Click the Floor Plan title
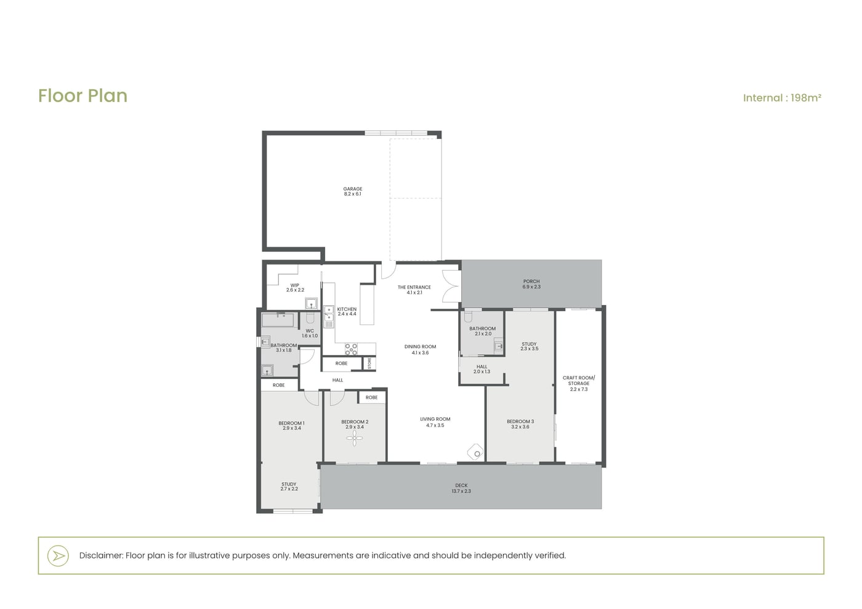pos(83,96)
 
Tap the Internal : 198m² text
pos(782,98)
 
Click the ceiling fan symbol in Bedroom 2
pos(355,437)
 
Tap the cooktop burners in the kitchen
pos(351,349)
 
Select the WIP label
pos(295,285)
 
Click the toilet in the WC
pos(310,317)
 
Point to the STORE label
pos(369,364)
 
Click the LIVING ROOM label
pos(435,419)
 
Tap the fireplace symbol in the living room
pos(475,452)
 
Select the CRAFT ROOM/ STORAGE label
pos(579,381)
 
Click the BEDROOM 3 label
pos(520,421)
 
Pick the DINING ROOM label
pos(420,347)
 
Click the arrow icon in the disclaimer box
pos(58,556)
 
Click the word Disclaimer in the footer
pos(102,555)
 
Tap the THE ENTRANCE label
pos(414,287)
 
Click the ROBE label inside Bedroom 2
pos(372,397)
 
